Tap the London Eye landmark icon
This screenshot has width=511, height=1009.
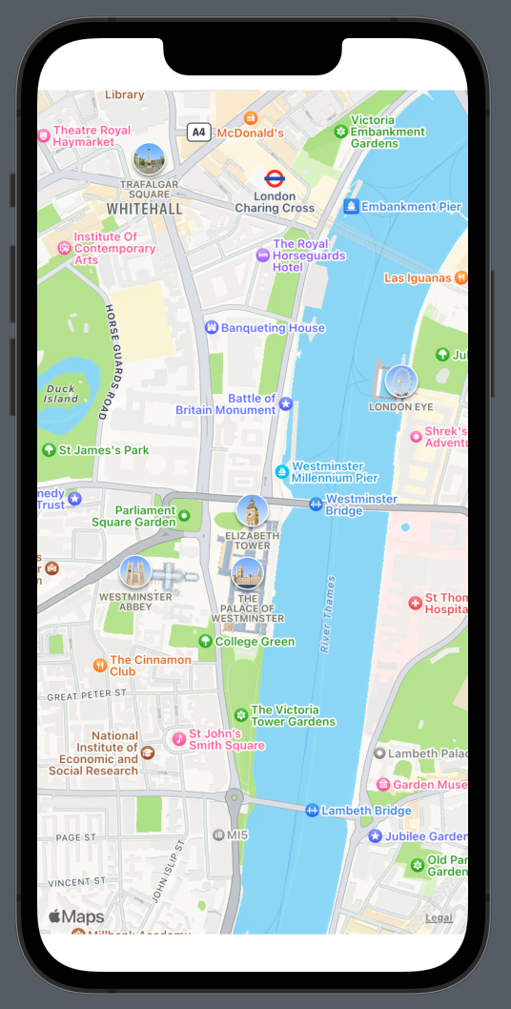pos(401,381)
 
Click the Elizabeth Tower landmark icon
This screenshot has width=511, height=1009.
pos(252,510)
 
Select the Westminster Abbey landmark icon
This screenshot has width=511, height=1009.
pos(135,571)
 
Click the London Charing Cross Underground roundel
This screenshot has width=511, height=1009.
pos(275,177)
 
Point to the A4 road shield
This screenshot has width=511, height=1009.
pos(198,133)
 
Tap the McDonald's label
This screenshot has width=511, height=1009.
pos(251,133)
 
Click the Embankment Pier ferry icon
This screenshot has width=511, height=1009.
pos(351,206)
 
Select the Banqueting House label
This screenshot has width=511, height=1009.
pos(273,328)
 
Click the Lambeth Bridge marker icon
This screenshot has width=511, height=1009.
pos(312,811)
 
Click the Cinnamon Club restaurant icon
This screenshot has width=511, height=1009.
pos(100,665)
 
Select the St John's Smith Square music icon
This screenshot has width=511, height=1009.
pos(178,738)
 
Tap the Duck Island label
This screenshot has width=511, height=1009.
pos(61,394)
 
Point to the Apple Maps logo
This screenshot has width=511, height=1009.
pos(76,917)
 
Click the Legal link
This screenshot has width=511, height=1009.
pos(439,918)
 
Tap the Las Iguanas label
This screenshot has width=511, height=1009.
pos(418,278)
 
